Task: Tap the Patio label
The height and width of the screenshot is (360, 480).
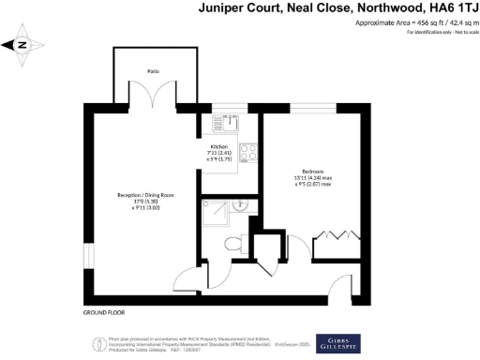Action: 152,70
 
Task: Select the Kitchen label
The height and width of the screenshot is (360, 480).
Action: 218,147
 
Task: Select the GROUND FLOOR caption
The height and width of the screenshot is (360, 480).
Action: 104,312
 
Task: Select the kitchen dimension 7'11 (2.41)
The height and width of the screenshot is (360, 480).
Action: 219,154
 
